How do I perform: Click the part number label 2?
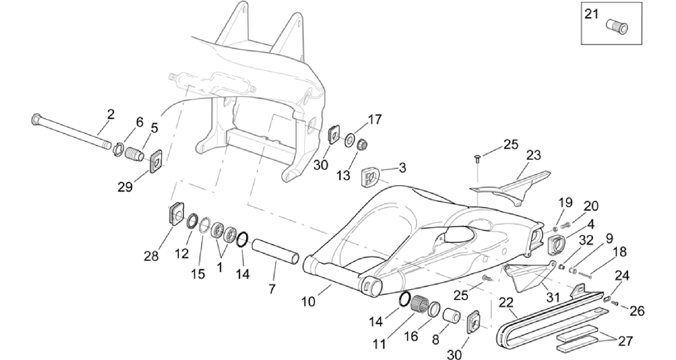pos(111,114)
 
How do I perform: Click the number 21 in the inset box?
pos(592,15)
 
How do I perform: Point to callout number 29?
pos(125,187)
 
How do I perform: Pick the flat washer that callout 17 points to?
pos(350,140)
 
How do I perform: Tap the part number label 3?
pos(402,168)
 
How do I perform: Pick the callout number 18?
pos(620,252)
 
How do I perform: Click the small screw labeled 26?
pos(615,303)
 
